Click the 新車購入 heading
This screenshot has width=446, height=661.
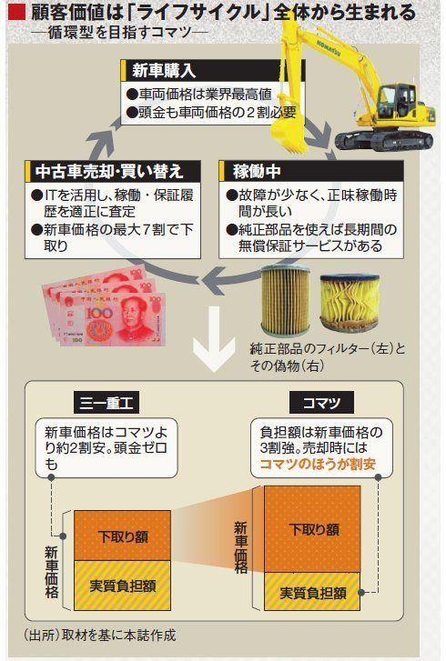coord(164,70)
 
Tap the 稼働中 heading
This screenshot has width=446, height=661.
coord(257,171)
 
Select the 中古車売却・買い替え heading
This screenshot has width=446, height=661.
coord(109,171)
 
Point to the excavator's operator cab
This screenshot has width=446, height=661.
coord(398,100)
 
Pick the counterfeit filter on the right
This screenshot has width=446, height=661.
coord(350,302)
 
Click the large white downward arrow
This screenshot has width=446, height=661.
coord(214,338)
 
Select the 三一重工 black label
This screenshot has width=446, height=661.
coord(106,403)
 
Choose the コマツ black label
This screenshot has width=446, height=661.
coord(321,403)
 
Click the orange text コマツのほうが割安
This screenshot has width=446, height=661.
coord(318,464)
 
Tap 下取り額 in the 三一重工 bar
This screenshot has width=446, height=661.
coord(123,536)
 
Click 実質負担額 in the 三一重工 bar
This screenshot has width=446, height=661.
coord(123,586)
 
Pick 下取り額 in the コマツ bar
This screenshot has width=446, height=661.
coord(313,529)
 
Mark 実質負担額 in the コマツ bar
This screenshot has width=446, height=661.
coord(313,593)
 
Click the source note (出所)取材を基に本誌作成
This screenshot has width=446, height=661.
coord(100,635)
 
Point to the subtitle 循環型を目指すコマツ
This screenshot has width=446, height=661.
coord(120,33)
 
